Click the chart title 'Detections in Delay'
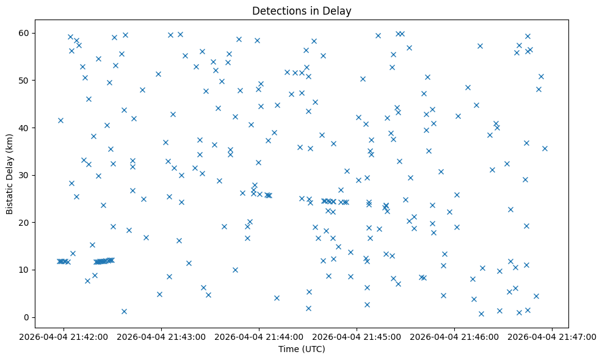coord(302,11)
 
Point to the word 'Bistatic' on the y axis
coord(10,193)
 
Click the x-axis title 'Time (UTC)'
coord(302,349)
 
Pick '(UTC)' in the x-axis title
coord(313,349)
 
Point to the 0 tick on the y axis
coord(27,317)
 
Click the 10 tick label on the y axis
coord(24,270)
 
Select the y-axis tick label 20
coord(24,222)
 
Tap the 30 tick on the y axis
coord(24,175)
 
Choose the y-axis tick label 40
coord(24,128)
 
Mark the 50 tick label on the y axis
coord(24,80)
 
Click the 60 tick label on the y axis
coord(24,32)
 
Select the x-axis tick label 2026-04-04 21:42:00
coord(63,336)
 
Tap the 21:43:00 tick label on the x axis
coord(161,336)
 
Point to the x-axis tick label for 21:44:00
coord(259,336)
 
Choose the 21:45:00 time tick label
coord(357,336)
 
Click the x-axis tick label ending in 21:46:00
coord(454,336)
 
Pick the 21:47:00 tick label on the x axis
coord(552,336)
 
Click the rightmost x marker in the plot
coord(545,148)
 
